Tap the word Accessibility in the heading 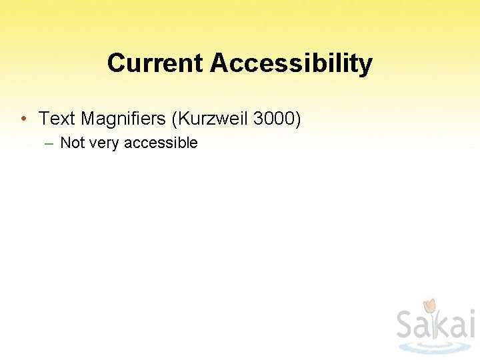(291, 63)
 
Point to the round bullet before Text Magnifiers (23, 119)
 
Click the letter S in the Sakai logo (407, 325)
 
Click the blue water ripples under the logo (433, 347)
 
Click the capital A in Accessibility (219, 63)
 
